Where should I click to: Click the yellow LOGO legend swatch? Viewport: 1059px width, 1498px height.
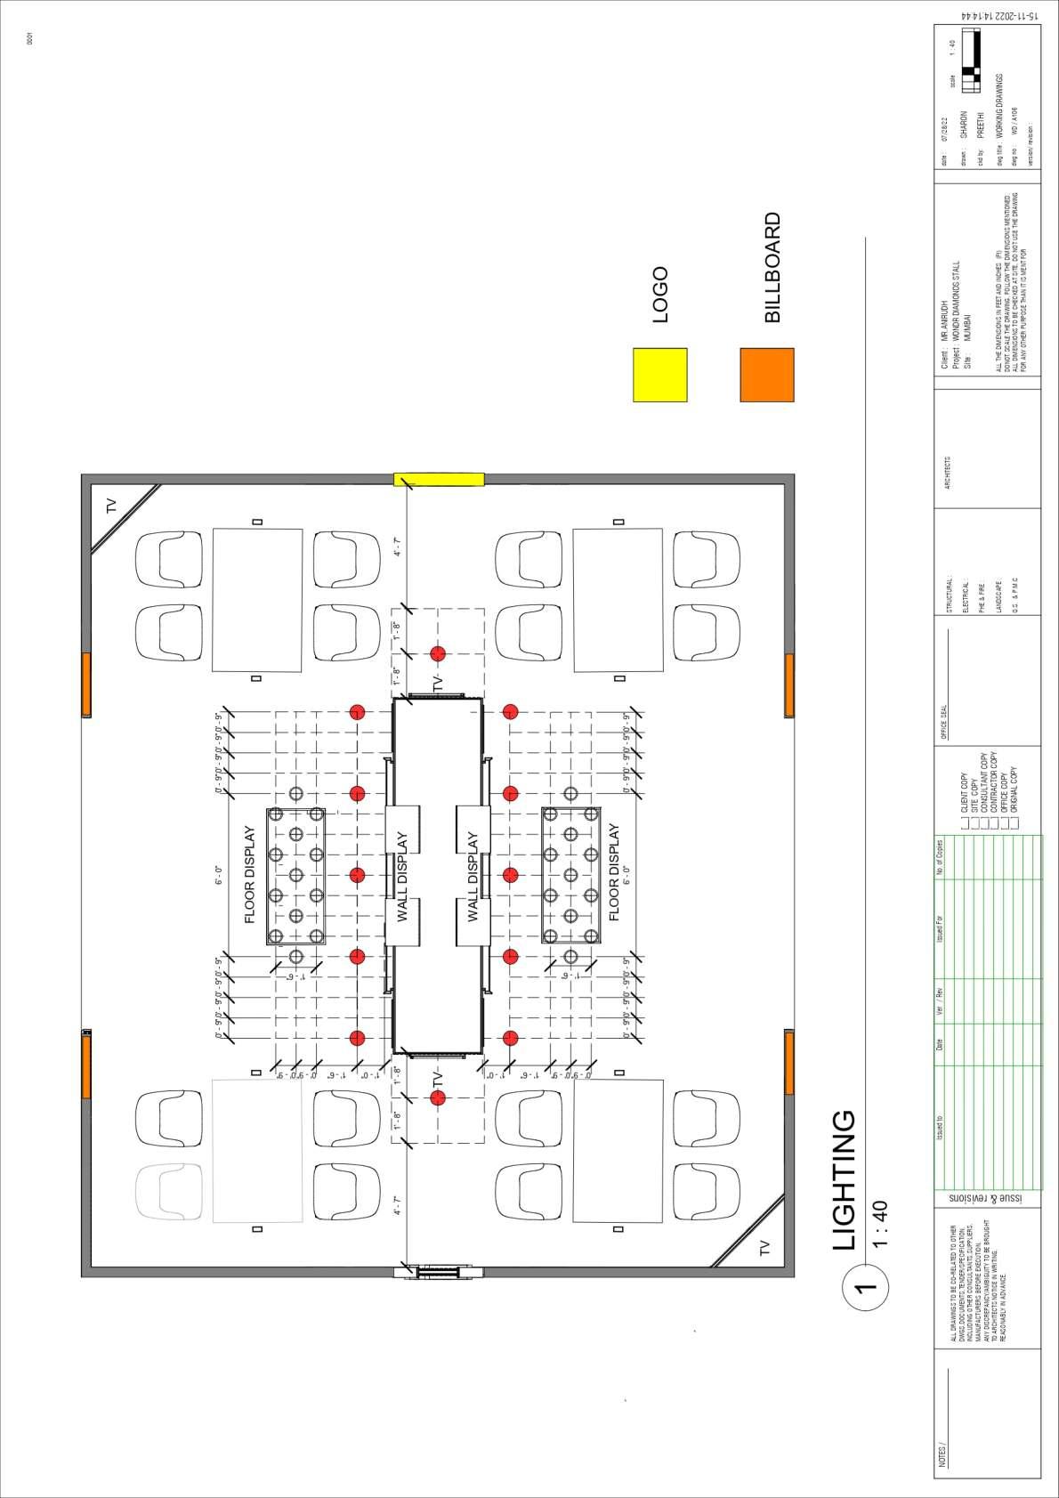(x=659, y=375)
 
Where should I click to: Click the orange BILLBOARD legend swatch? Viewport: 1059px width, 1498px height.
(x=766, y=375)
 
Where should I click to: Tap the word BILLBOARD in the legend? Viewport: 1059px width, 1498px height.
(x=772, y=267)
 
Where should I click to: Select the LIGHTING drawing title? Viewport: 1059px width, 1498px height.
(x=845, y=1179)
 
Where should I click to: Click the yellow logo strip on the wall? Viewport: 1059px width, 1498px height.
(x=439, y=479)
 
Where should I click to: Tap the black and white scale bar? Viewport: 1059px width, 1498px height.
(x=976, y=61)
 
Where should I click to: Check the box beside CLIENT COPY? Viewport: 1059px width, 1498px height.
(x=966, y=824)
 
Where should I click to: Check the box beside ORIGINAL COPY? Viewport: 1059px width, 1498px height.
(x=1015, y=824)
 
